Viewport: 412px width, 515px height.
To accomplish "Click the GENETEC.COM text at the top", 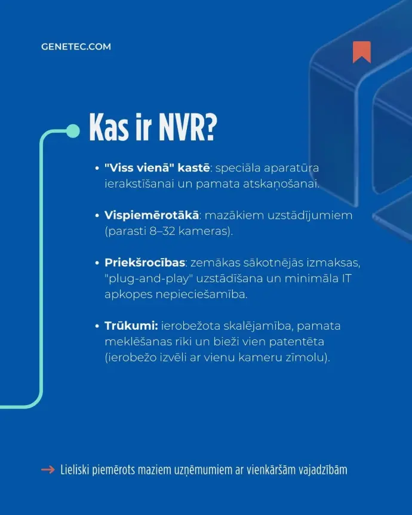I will pos(76,47).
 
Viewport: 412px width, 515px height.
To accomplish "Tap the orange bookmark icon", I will pos(361,52).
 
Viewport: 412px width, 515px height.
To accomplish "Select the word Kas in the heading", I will pos(109,127).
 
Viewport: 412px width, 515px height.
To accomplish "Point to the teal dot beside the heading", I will pos(73,131).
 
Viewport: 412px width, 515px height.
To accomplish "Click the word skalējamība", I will pos(264,326).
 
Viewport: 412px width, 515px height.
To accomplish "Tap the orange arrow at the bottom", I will pos(48,470).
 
